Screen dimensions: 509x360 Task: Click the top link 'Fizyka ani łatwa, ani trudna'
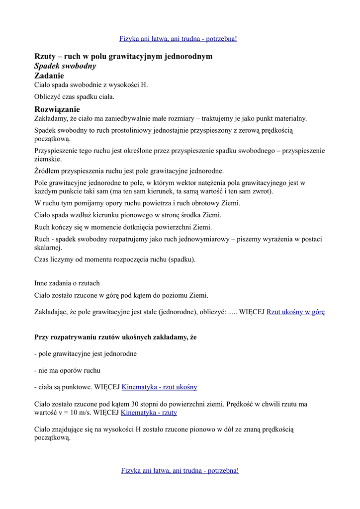click(x=178, y=39)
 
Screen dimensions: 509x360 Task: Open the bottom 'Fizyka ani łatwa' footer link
click(x=180, y=470)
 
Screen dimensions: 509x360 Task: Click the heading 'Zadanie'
click(x=49, y=76)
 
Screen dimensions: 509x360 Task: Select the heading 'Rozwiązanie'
click(x=57, y=109)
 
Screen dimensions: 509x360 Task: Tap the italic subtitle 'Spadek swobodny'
click(x=65, y=66)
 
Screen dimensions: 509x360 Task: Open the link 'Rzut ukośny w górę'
click(x=295, y=312)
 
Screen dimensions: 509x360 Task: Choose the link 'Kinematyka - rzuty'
click(x=149, y=413)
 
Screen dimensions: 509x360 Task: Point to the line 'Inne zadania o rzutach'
click(x=67, y=283)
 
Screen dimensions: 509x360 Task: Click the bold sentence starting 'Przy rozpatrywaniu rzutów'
click(x=115, y=337)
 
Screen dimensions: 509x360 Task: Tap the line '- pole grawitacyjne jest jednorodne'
click(x=86, y=354)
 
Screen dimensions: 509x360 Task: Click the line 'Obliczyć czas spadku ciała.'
click(x=75, y=97)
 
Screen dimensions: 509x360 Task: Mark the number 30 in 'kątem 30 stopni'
click(x=136, y=404)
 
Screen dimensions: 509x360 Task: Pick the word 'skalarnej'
click(x=48, y=248)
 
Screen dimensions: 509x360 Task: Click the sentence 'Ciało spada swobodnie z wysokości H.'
click(x=91, y=85)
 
